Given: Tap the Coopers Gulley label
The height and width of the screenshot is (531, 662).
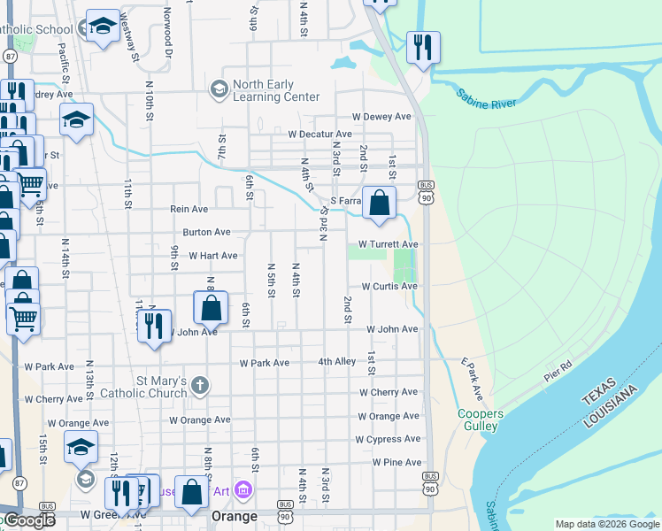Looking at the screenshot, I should tap(481, 420).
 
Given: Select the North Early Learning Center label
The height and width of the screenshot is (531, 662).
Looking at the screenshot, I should tap(275, 91).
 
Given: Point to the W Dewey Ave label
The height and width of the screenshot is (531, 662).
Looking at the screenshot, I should tap(381, 117).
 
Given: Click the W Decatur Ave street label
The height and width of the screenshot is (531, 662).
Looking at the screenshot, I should tap(319, 135).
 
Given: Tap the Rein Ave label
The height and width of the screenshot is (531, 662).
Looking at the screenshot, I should tap(189, 210).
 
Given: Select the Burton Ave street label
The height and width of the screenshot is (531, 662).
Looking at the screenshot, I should tap(206, 233).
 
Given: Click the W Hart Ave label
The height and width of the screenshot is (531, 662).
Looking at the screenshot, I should tap(212, 256).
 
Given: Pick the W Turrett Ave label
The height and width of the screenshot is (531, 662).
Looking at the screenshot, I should tap(388, 244).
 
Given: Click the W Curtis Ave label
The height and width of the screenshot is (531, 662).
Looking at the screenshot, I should tap(389, 287).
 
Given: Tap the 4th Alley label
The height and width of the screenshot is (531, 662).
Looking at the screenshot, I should tap(337, 362).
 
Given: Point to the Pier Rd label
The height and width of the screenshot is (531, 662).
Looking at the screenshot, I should tap(558, 371).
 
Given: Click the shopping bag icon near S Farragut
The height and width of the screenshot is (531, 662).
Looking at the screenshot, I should tap(379, 203).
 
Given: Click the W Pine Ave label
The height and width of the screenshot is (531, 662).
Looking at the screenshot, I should tap(396, 463).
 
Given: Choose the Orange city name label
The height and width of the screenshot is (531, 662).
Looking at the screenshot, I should tap(234, 516).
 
